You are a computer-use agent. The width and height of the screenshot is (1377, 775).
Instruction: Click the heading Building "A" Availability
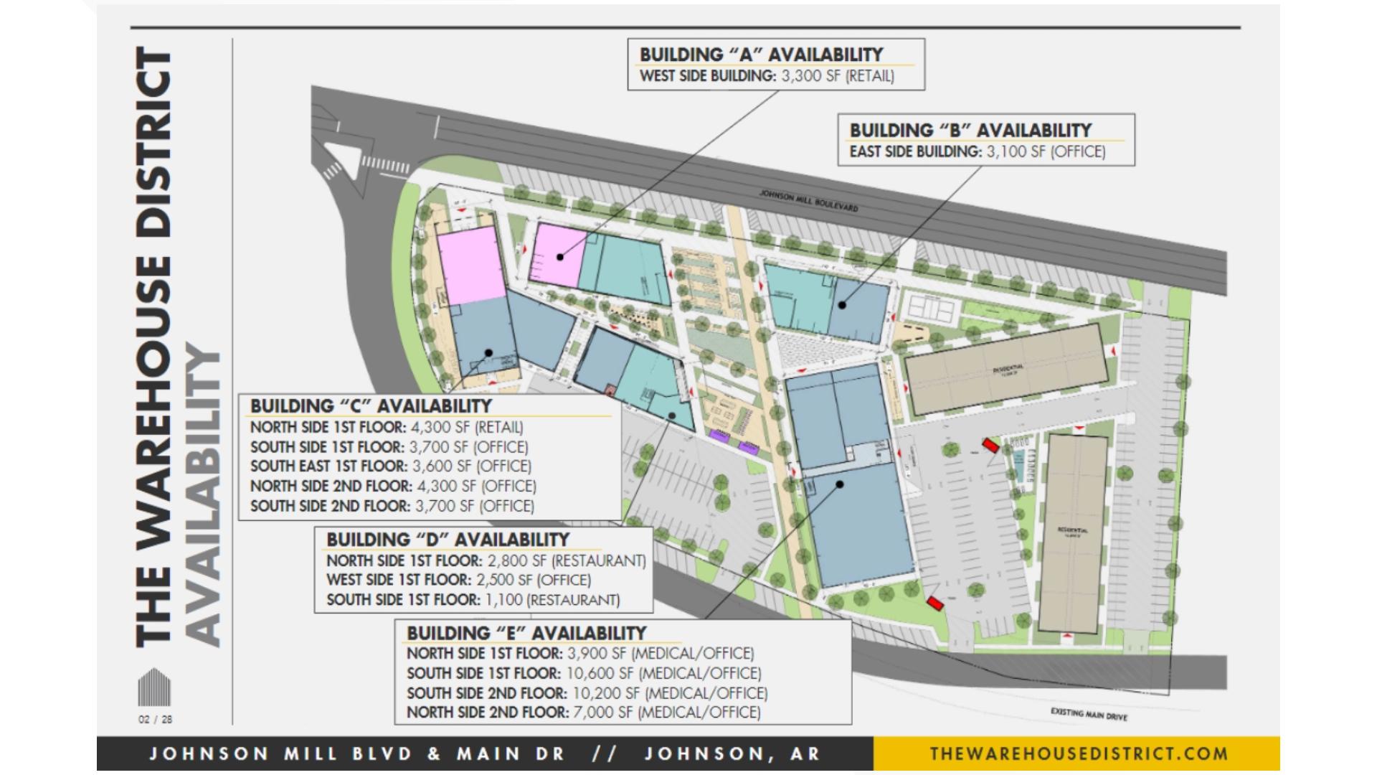[x=761, y=55]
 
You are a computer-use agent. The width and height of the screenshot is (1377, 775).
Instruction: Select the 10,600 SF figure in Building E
[x=600, y=673]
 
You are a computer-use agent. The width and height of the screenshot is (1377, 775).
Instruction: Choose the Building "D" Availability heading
[x=448, y=540]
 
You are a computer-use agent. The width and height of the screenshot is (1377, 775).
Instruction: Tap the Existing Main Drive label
[x=1089, y=715]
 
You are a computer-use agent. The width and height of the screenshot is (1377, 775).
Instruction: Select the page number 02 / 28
[x=155, y=719]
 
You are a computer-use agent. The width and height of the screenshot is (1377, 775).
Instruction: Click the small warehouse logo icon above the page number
[x=154, y=687]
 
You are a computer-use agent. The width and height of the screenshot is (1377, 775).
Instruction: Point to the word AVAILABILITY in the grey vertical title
[x=204, y=495]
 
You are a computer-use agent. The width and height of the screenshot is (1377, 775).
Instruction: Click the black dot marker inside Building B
[x=843, y=305]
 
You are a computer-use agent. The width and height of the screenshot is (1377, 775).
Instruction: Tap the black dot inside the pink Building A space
[x=559, y=256]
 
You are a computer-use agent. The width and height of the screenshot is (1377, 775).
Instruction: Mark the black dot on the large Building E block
[x=840, y=484]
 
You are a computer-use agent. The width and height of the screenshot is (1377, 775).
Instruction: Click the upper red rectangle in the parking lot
[x=990, y=446]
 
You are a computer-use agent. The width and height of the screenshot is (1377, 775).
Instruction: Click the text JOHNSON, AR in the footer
[x=732, y=753]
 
